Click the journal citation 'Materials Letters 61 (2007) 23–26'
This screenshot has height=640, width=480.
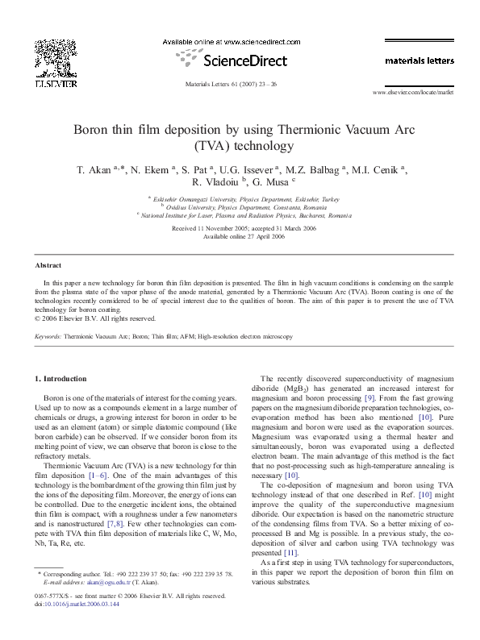pos(230,84)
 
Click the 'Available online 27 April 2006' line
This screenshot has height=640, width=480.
pos(240,236)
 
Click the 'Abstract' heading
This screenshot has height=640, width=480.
pos(48,265)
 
